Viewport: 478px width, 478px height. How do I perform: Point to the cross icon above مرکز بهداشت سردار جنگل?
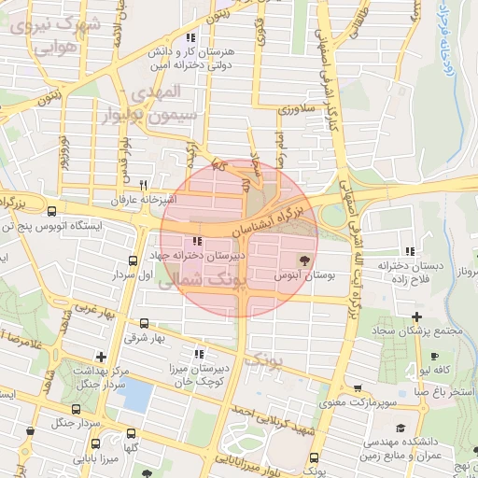pyautogui.click(x=101, y=356)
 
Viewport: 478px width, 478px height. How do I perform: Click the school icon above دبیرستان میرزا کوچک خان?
pyautogui.click(x=198, y=354)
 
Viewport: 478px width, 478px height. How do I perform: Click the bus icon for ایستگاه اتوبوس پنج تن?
pyautogui.click(x=51, y=210)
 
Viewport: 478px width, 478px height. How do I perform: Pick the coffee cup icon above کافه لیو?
pyautogui.click(x=434, y=356)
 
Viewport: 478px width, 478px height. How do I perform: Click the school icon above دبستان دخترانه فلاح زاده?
pyautogui.click(x=411, y=250)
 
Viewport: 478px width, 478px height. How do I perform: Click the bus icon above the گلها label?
pyautogui.click(x=130, y=433)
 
